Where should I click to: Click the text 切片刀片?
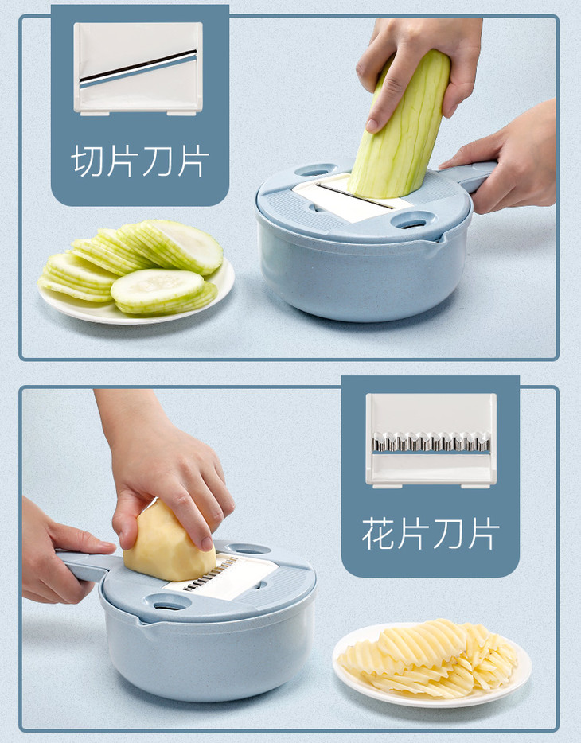point(140,161)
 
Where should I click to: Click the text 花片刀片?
point(431,534)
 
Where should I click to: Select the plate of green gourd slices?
point(135,272)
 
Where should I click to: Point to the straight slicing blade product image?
point(138,68)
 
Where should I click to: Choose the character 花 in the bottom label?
point(379,534)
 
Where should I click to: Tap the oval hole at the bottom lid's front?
point(168,602)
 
